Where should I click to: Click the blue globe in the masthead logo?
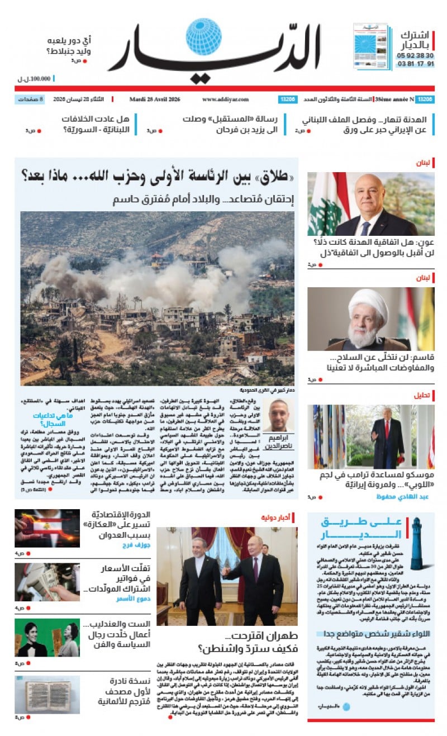tap(203, 37)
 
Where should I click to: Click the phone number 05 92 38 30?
tap(415, 56)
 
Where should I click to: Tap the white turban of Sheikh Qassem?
tap(368, 304)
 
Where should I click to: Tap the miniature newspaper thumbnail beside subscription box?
tap(372, 46)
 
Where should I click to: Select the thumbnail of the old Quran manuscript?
tap(47, 695)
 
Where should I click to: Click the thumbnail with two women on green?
tap(47, 638)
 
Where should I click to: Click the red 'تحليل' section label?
tap(422, 395)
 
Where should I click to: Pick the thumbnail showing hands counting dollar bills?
tap(47, 582)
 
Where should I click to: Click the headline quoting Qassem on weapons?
tap(372, 362)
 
